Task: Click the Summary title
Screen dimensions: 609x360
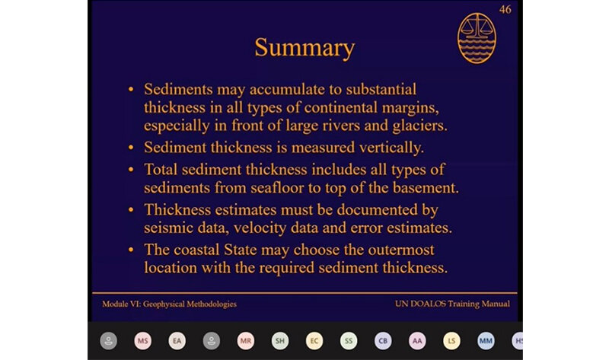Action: (304, 48)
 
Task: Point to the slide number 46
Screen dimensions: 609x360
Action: (505, 9)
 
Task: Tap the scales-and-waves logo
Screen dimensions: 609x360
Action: (477, 38)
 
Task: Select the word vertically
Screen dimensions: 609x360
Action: (391, 148)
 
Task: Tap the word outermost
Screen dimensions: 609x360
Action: (401, 250)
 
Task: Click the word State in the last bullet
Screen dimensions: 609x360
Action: (240, 250)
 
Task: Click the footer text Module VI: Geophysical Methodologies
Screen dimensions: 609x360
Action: (169, 304)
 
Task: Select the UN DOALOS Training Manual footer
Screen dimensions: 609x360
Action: (452, 304)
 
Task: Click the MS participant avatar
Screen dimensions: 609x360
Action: (142, 341)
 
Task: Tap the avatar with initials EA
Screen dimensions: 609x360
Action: (177, 341)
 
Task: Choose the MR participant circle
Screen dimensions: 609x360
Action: (245, 341)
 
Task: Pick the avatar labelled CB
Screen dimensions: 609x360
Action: (383, 341)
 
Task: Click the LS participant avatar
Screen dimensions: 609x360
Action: (451, 341)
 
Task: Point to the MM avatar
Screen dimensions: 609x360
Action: (486, 341)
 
